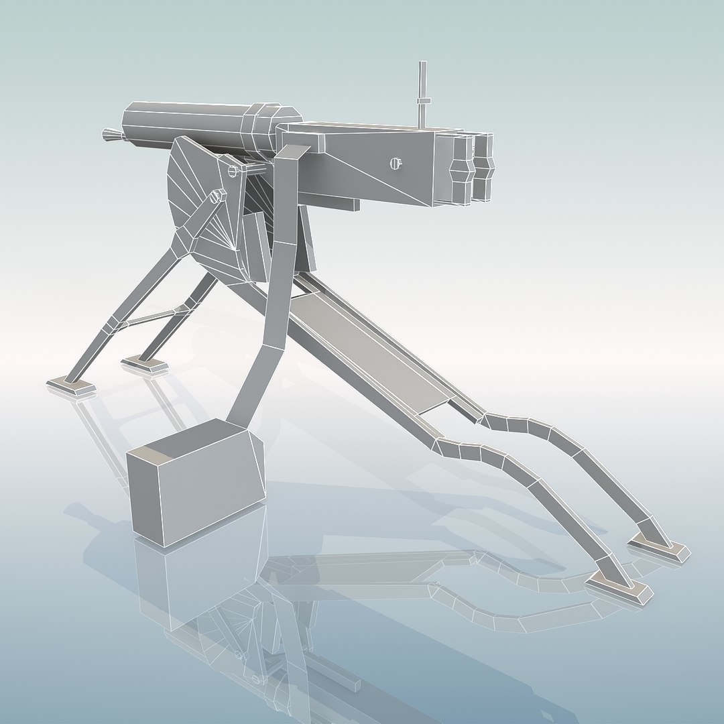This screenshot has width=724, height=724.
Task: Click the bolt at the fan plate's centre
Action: click(x=217, y=196)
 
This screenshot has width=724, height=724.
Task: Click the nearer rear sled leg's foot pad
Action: click(x=619, y=589)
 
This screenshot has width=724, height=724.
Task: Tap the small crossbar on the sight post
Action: click(x=422, y=101)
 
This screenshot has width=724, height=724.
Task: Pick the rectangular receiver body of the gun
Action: click(x=375, y=164)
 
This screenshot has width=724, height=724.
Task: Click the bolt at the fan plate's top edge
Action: click(x=233, y=171)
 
